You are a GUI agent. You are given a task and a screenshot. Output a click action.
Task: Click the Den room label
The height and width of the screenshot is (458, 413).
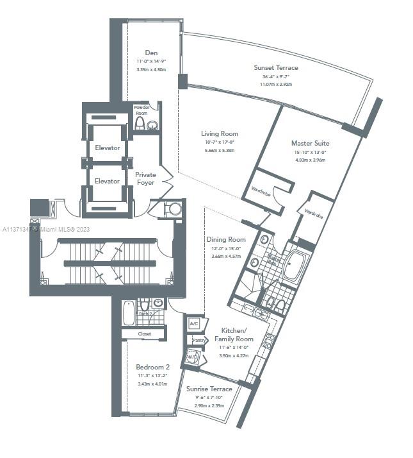click(x=151, y=53)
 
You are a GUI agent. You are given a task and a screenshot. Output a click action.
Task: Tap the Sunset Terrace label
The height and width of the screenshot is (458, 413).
click(x=275, y=67)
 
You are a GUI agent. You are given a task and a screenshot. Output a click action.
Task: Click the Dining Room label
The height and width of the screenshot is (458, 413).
click(x=227, y=240)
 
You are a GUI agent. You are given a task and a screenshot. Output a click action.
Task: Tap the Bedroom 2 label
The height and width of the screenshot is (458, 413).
click(x=152, y=367)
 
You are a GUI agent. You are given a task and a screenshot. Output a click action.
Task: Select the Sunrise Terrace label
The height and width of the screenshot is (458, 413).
click(x=209, y=389)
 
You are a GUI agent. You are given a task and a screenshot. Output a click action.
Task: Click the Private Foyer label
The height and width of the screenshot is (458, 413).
click(x=146, y=178)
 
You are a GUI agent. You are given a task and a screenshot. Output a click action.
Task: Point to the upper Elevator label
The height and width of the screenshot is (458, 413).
click(x=107, y=148)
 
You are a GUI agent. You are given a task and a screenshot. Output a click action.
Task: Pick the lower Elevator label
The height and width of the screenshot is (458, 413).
click(x=107, y=182)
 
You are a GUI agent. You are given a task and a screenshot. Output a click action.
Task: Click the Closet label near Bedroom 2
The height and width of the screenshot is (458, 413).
click(x=143, y=334)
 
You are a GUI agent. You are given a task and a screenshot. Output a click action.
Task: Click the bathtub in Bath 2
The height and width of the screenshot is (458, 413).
click(x=128, y=313)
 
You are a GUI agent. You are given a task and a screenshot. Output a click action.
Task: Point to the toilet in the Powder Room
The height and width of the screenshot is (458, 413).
click(x=140, y=123)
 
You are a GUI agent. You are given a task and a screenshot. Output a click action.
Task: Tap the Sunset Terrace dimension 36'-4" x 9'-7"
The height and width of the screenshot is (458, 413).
click(x=275, y=77)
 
